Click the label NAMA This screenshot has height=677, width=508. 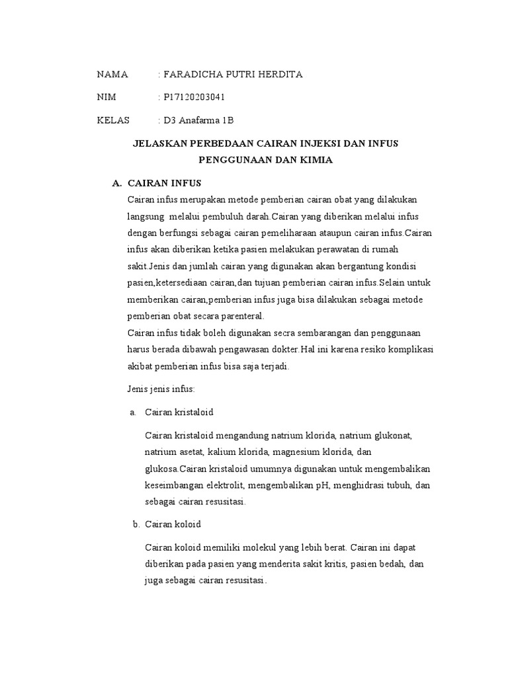point(112,74)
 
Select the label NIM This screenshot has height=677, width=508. point(106,97)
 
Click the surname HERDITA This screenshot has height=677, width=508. point(280,74)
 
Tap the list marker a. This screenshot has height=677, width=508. point(133,413)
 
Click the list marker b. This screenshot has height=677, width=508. point(136,524)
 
